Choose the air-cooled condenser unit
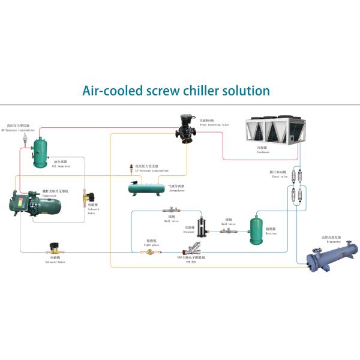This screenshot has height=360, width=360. click(x=274, y=131)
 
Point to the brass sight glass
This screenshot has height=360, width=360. click(x=148, y=252)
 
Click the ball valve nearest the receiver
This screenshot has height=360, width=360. click(x=229, y=232)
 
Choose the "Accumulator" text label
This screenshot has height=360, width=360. click(x=176, y=191)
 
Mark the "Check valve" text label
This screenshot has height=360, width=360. click(x=277, y=176)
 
